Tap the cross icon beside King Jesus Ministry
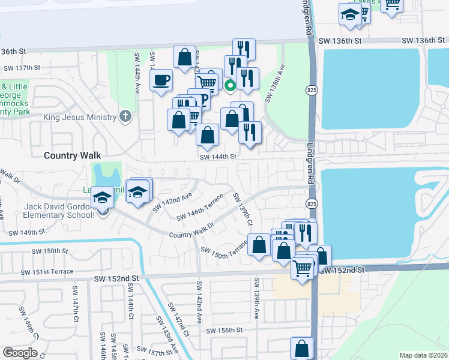tap(125, 115)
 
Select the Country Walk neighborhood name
tap(70, 155)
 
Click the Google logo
tap(20, 353)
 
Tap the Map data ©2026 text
tap(423, 355)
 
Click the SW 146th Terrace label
tap(200, 206)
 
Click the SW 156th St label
tap(224, 330)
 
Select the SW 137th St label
tap(25, 68)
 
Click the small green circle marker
tap(231, 85)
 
